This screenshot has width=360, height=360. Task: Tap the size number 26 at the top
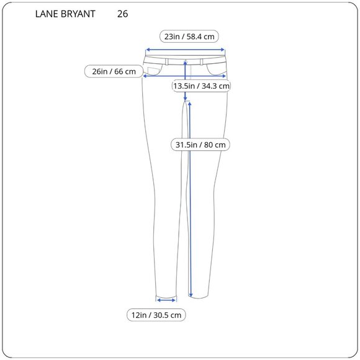point(122,14)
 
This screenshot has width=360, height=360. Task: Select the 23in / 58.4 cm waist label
point(185,37)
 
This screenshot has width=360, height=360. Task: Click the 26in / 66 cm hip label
point(114,71)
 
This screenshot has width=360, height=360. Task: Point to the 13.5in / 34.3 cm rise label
point(201,86)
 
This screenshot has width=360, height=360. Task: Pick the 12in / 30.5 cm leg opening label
point(156,315)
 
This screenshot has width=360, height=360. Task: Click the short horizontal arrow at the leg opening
point(166,299)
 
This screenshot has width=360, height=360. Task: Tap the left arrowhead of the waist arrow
point(147,52)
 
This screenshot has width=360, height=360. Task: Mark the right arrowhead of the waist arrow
point(223,52)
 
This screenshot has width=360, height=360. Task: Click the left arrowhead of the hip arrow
point(144,76)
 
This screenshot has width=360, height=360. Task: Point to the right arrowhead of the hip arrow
point(226,76)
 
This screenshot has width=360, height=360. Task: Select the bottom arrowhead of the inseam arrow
point(190,295)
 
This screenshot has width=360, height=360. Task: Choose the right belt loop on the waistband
point(204,60)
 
